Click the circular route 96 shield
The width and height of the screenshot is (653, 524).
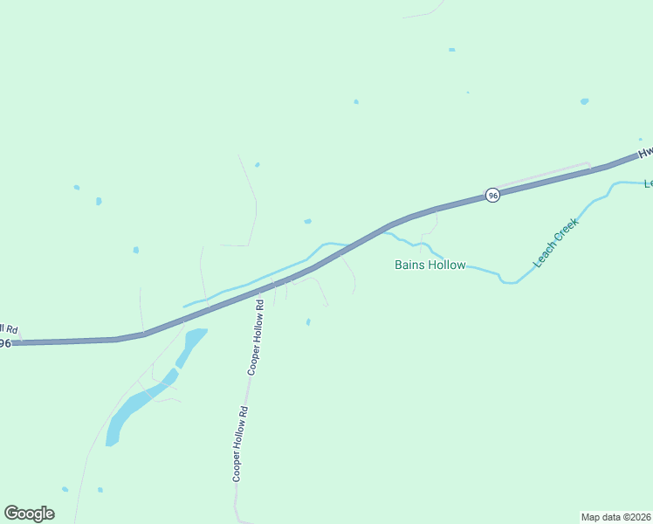point(492,196)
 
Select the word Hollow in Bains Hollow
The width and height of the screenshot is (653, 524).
point(446,265)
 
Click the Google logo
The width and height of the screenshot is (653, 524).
point(29,514)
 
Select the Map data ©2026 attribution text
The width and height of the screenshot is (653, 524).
point(615,517)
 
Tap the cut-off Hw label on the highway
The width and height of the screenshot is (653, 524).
point(645,152)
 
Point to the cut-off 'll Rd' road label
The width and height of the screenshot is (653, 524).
point(8,329)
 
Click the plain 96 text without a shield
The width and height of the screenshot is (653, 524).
point(4,343)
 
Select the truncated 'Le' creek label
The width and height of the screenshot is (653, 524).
point(648,183)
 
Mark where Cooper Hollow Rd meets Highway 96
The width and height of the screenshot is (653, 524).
point(265,288)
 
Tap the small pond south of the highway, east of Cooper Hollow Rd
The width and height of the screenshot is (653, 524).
point(308,321)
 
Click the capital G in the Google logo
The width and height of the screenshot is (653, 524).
point(11,514)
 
